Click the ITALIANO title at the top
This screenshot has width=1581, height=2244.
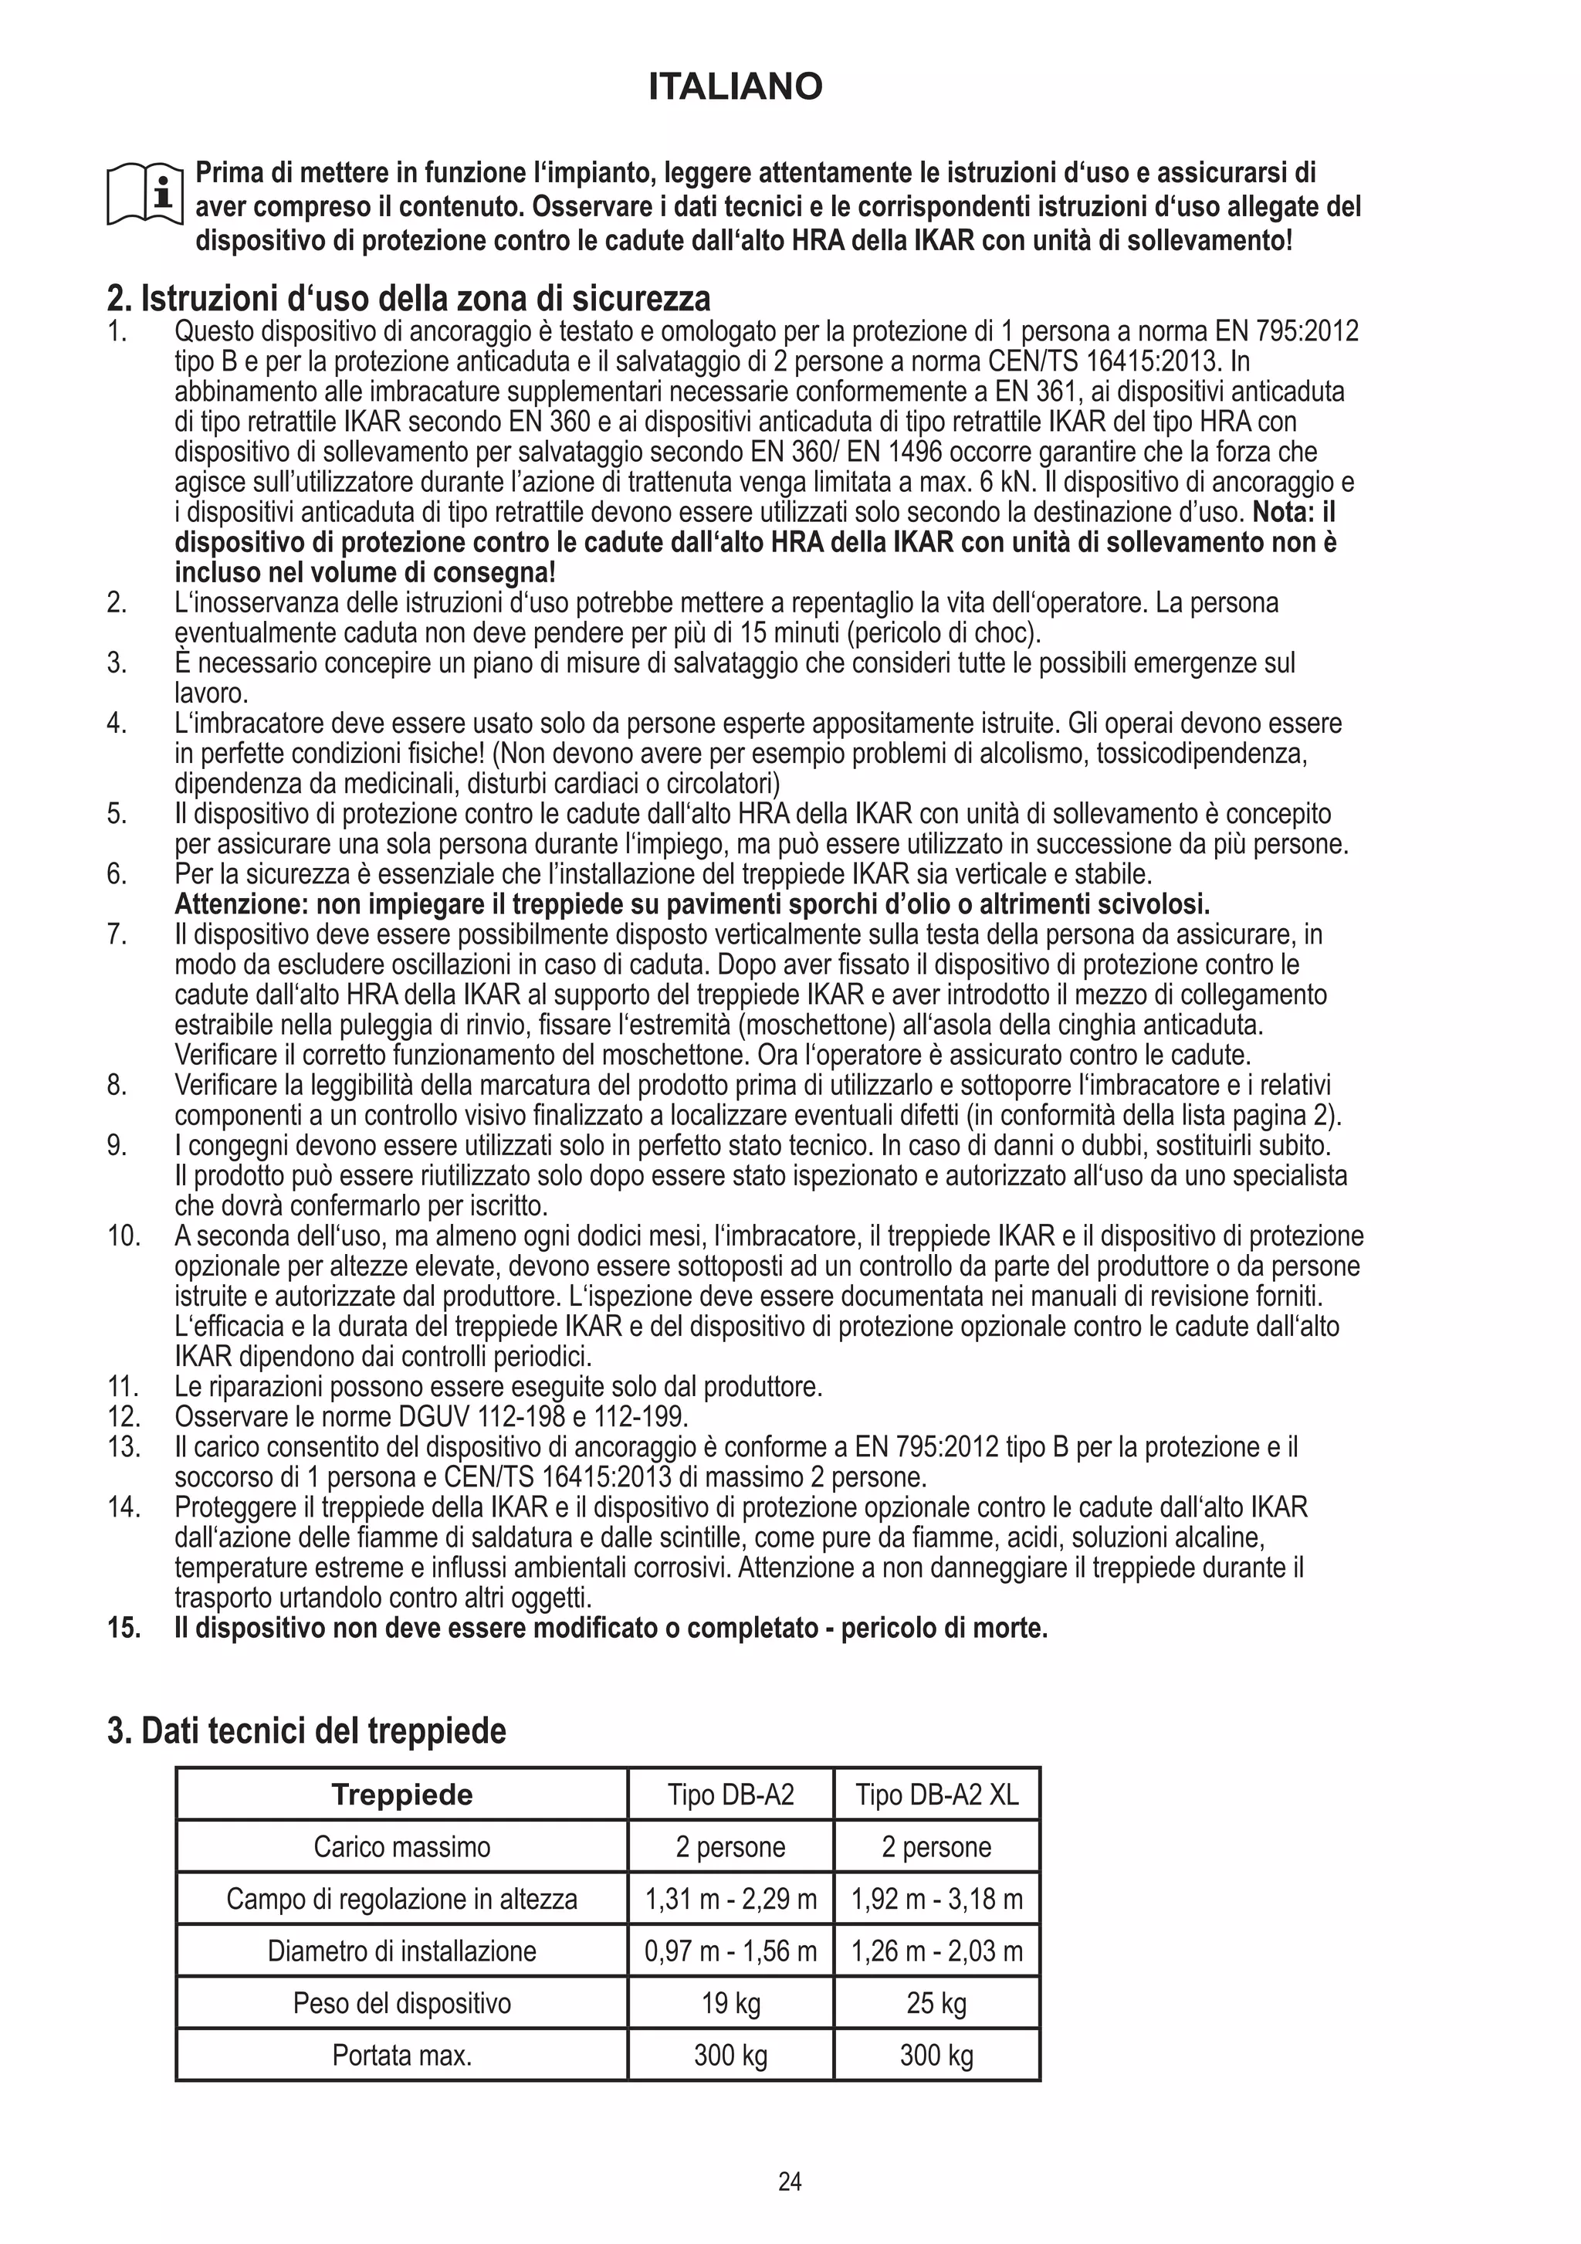point(735,88)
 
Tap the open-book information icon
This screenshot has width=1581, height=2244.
point(144,194)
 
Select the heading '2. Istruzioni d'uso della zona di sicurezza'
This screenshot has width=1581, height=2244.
point(408,297)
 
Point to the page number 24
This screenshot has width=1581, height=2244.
point(790,2181)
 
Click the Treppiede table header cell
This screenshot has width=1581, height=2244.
point(401,1795)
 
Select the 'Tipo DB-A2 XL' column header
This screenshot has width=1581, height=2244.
point(936,1795)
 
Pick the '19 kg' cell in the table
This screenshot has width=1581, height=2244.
point(730,2004)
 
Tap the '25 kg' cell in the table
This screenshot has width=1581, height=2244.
point(936,2004)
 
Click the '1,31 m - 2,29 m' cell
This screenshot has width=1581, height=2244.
point(730,1899)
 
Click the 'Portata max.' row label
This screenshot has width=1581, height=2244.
point(401,2056)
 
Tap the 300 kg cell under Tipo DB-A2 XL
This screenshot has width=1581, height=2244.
point(936,2056)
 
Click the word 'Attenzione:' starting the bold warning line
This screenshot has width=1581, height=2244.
point(240,904)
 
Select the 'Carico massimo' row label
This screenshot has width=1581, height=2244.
point(401,1847)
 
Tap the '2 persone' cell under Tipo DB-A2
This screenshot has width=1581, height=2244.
point(730,1847)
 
